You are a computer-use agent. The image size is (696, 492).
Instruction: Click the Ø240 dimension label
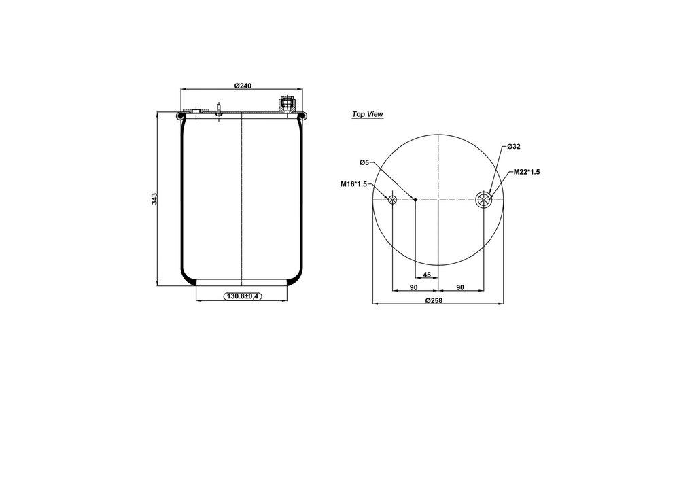click(x=243, y=86)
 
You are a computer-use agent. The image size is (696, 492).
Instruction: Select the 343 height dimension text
click(x=154, y=198)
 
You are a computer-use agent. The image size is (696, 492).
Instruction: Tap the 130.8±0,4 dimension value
click(x=243, y=296)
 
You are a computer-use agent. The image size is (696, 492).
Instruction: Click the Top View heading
click(x=368, y=114)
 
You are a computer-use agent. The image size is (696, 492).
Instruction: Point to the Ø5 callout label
click(x=364, y=163)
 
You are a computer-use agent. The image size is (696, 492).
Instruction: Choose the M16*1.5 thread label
click(x=353, y=184)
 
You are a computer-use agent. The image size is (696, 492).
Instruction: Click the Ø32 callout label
click(x=514, y=146)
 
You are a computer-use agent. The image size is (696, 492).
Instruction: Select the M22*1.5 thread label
click(x=527, y=172)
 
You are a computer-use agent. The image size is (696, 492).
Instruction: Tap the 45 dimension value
click(x=427, y=275)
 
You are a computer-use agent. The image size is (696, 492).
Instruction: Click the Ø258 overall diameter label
click(x=434, y=300)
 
